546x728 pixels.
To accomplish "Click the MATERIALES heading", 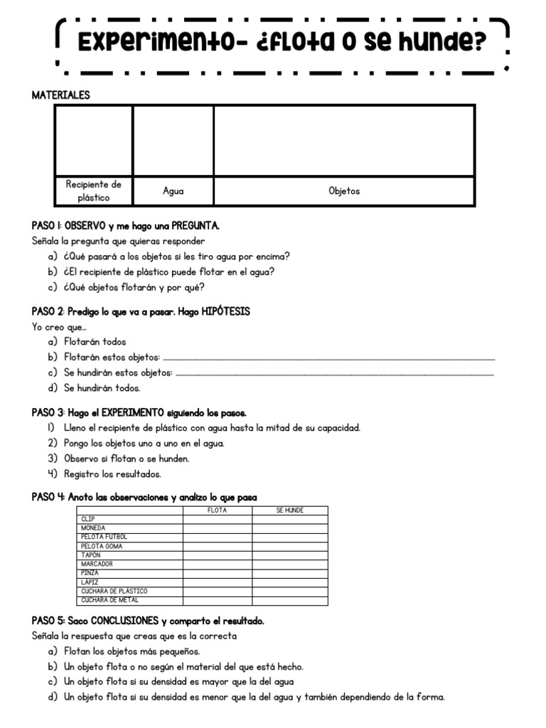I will (61, 95).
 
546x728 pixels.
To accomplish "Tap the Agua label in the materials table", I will (173, 191).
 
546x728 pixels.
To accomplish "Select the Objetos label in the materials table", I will (344, 191).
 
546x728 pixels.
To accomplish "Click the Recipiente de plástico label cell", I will (93, 191).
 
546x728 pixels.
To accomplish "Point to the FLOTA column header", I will (218, 510).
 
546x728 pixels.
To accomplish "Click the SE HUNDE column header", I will (289, 510).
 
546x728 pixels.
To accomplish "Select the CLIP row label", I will (89, 520).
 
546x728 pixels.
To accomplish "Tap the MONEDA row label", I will (93, 528).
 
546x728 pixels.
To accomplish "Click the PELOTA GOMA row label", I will (102, 546).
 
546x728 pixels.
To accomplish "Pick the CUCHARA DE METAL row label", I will (109, 600).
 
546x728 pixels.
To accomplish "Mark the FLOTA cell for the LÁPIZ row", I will (218, 582).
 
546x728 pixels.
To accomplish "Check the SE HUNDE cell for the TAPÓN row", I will (289, 555).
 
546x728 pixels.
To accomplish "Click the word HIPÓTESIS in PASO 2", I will (225, 312).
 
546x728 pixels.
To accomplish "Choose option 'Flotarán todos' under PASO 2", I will (95, 342).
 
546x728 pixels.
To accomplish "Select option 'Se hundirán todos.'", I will (102, 388).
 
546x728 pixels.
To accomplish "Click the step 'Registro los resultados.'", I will (112, 474).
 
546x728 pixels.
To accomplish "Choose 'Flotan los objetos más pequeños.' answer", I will (132, 651).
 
